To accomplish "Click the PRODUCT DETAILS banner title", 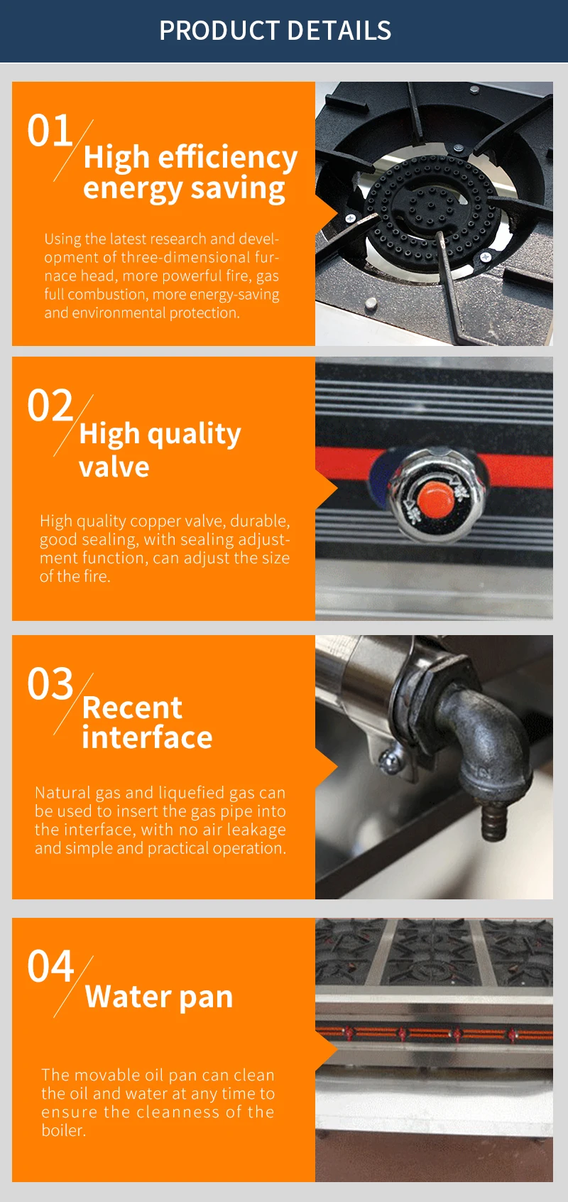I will pos(275,31).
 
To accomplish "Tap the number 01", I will pos(50,131).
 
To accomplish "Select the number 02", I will pos(50,406).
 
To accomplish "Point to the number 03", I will pos(50,685).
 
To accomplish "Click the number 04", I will pos(50,967).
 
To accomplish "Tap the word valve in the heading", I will pos(114,467).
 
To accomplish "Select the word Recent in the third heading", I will pos(132,708).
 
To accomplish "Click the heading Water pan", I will pos(159,997).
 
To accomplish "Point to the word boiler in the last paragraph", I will pos(62,1130).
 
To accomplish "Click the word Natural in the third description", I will pos(62,793).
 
